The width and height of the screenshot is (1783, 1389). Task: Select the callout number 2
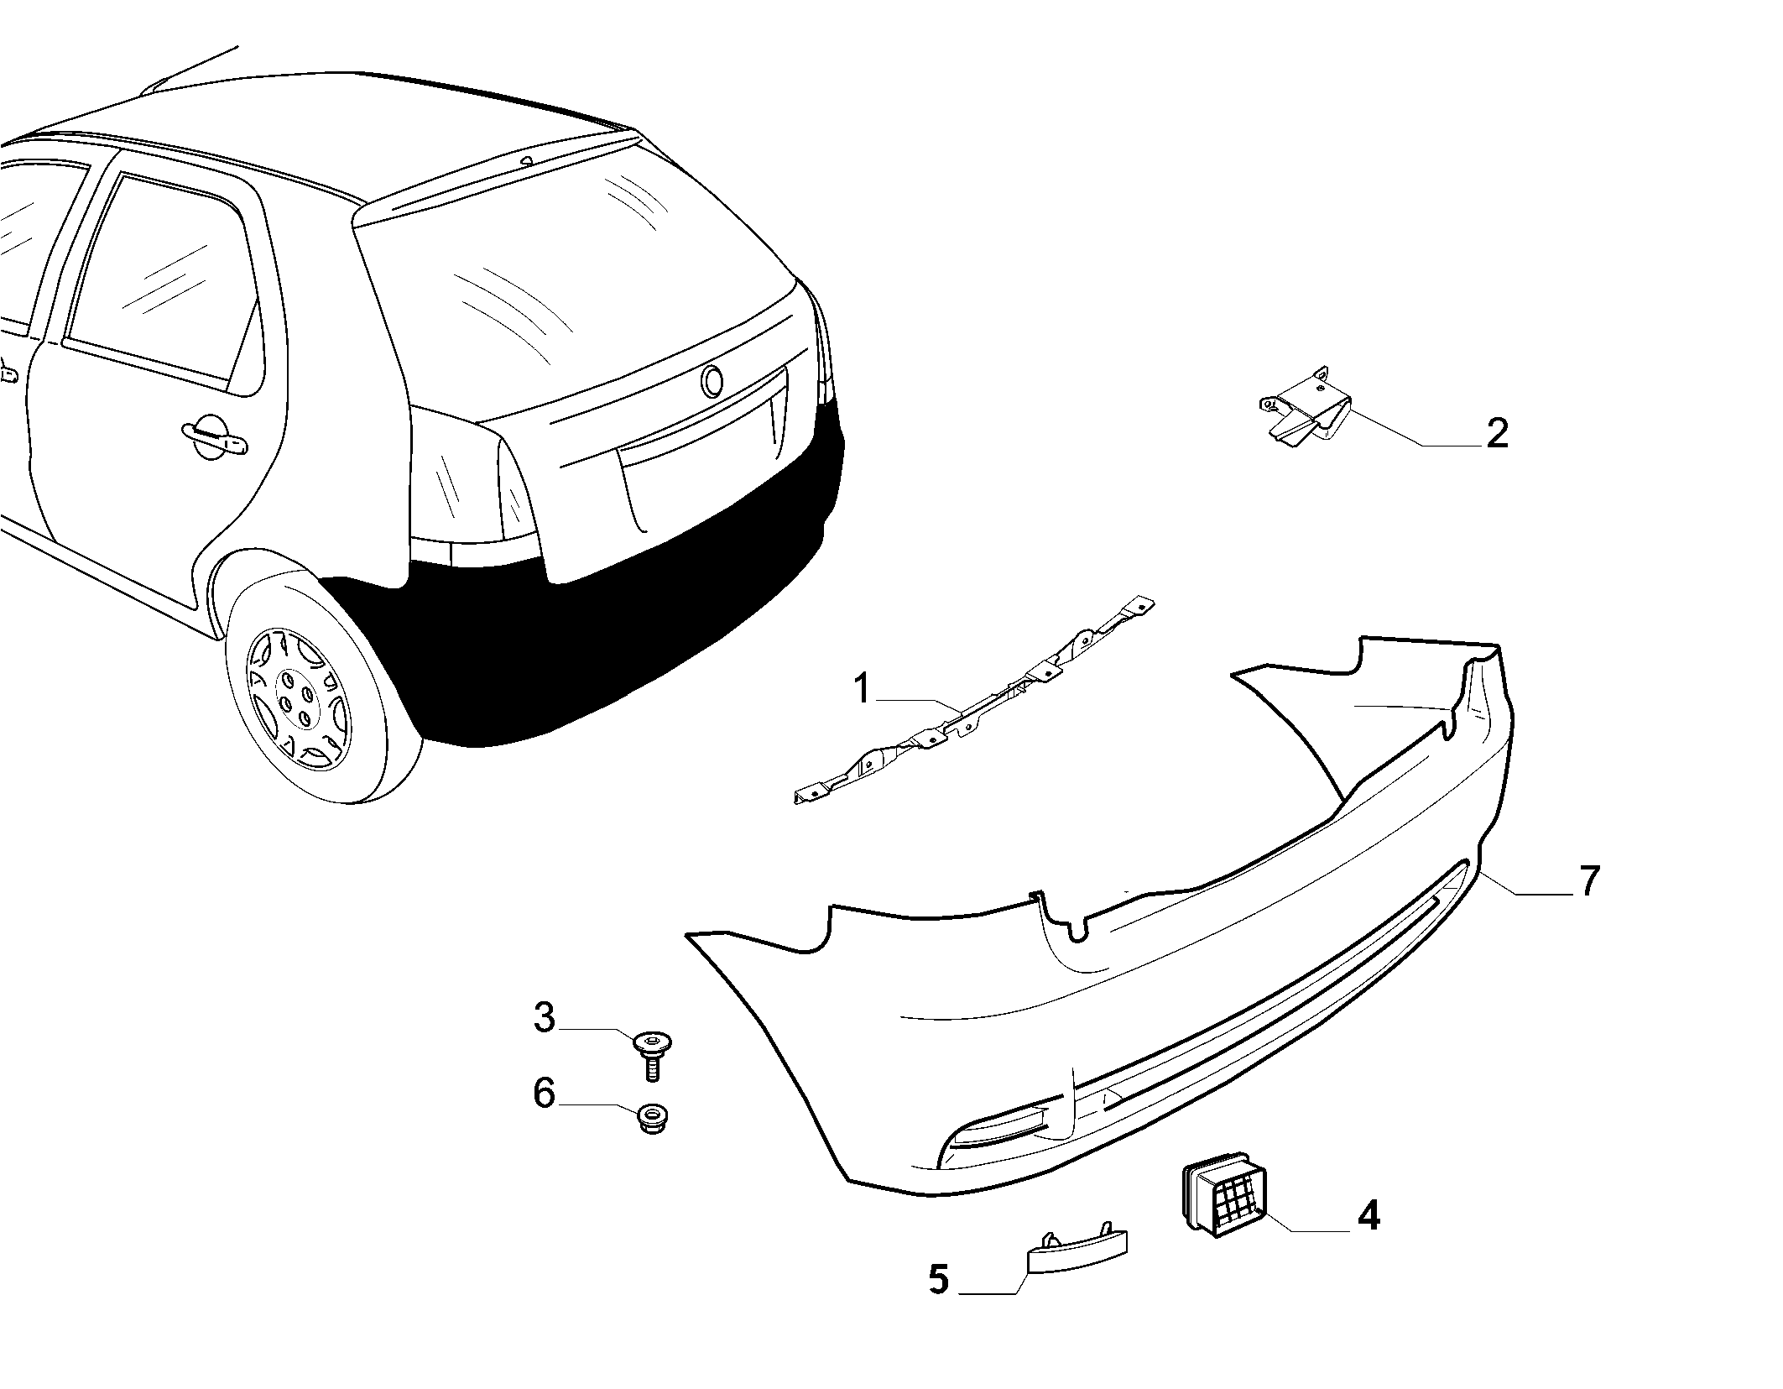point(1496,433)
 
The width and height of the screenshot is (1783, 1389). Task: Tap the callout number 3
point(545,1017)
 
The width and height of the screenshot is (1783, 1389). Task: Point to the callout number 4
point(1369,1215)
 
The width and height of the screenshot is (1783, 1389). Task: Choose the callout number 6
point(545,1094)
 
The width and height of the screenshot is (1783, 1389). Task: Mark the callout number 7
point(1589,881)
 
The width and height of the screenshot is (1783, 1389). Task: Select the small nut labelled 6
point(650,1119)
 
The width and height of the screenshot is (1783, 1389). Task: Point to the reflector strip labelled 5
point(1077,1251)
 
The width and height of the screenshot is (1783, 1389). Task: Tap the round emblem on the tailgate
point(713,382)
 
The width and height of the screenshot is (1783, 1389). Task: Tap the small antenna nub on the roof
point(527,160)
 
